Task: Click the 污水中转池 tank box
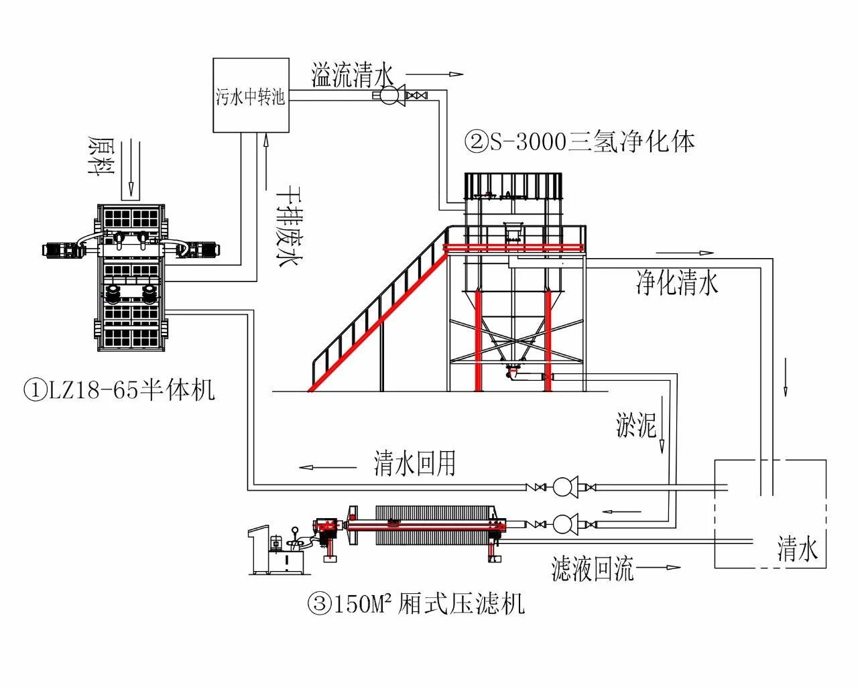click(251, 95)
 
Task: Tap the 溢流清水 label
click(353, 75)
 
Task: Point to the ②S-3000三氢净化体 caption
click(580, 141)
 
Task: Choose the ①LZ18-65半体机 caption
click(119, 389)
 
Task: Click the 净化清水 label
click(677, 283)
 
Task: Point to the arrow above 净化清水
click(685, 253)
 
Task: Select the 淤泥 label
click(635, 425)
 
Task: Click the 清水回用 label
click(415, 463)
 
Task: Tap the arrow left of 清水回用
click(328, 467)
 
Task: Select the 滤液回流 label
click(592, 569)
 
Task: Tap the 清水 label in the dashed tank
click(797, 549)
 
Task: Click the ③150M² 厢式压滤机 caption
click(416, 605)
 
